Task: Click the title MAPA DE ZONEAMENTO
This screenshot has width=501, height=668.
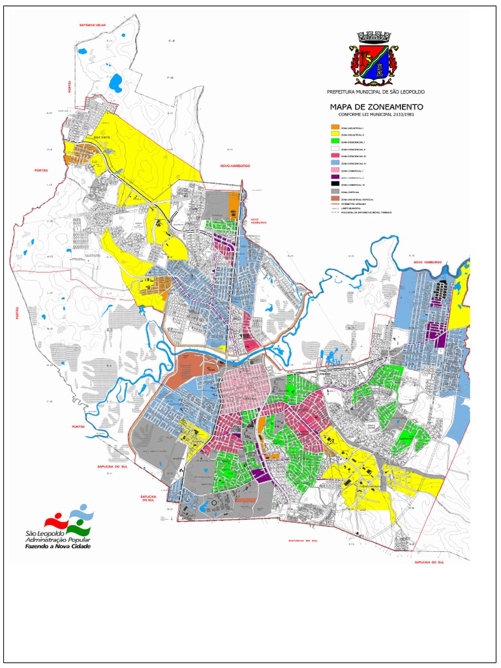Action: (x=376, y=106)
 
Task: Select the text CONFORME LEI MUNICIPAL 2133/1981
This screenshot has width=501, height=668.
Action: (x=376, y=114)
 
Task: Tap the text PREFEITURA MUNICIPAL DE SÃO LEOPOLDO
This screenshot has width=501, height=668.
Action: (x=375, y=93)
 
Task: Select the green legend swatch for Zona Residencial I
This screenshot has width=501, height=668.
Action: (x=335, y=142)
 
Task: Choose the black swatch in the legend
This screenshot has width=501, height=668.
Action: (x=335, y=185)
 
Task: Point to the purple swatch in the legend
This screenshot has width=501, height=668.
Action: (x=335, y=177)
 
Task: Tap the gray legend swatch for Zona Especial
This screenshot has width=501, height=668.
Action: (x=335, y=192)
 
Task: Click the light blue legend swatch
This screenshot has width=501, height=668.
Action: (x=335, y=163)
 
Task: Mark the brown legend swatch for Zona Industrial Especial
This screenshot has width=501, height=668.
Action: (x=335, y=199)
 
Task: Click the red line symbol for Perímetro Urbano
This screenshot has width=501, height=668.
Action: (x=335, y=204)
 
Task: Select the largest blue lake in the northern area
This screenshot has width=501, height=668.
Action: (x=116, y=83)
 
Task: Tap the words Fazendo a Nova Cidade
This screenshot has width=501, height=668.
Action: (x=58, y=546)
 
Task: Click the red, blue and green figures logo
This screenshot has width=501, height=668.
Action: (x=69, y=520)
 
